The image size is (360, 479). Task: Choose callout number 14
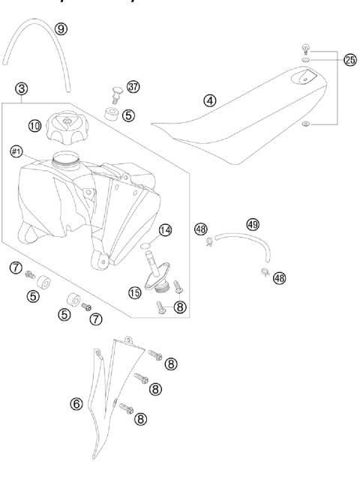[165, 230]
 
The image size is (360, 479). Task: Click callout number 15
[134, 293]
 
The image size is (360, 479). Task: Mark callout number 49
[253, 223]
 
